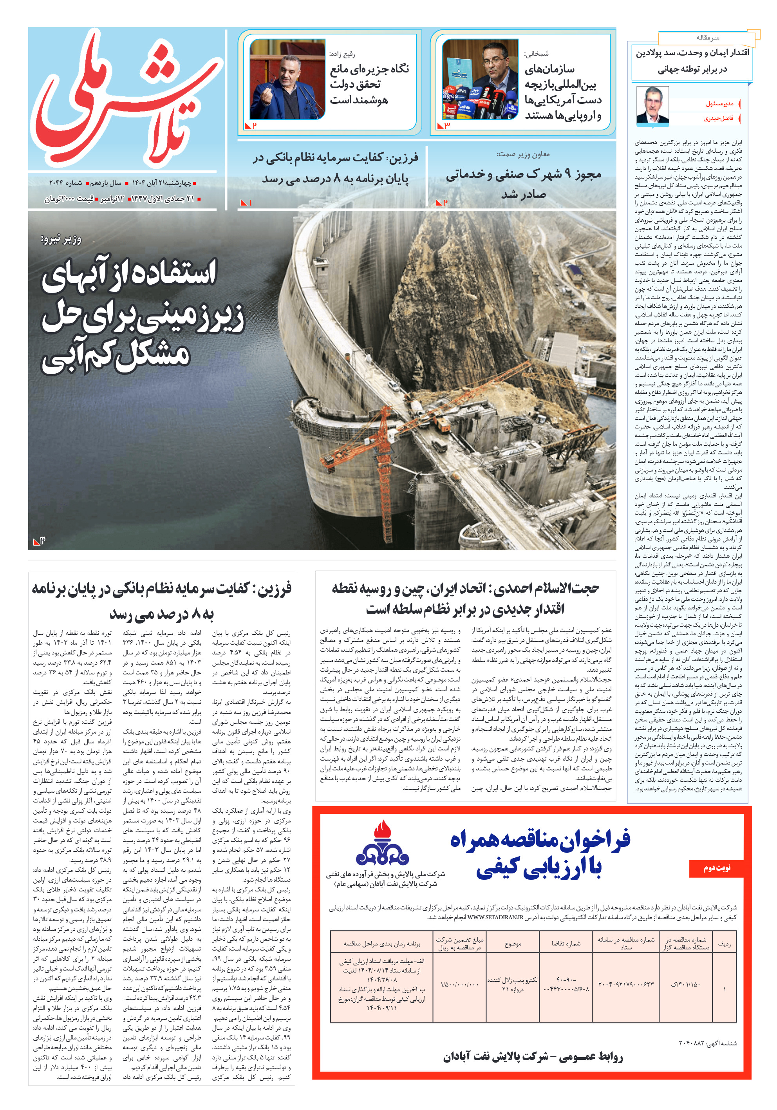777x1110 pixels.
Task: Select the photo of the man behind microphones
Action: click(x=480, y=80)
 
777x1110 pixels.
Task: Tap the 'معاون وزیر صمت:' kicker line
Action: click(x=523, y=154)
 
